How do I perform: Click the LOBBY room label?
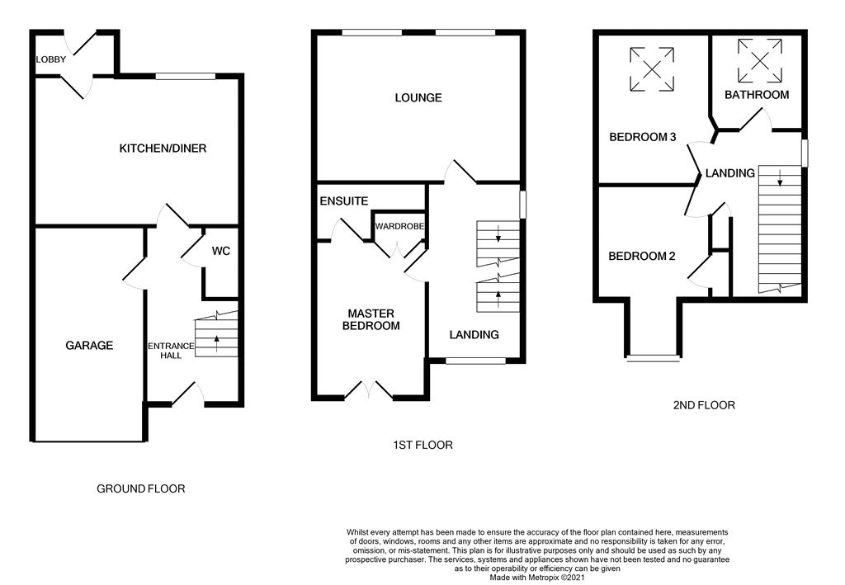(50, 59)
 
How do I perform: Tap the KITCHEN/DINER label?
(163, 149)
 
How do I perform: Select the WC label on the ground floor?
(221, 251)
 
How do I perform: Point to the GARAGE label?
(89, 345)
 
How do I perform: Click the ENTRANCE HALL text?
(171, 351)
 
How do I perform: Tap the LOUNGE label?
(418, 97)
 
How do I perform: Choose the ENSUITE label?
(344, 201)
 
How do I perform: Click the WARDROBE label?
(399, 226)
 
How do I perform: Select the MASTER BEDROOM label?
(371, 319)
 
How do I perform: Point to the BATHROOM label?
(757, 95)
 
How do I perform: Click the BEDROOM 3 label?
(642, 137)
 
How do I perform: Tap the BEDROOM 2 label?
(642, 256)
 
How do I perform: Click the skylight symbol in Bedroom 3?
(652, 69)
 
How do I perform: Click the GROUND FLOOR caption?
(140, 488)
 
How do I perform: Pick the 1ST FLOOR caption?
(422, 445)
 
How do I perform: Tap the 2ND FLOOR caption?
(704, 405)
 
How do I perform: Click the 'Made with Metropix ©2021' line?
(536, 578)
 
